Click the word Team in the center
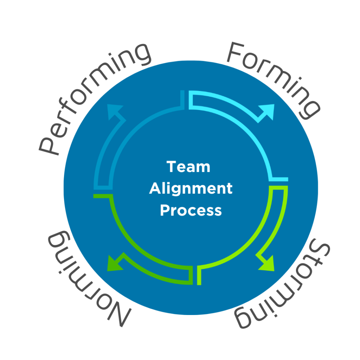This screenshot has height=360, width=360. [x=188, y=167]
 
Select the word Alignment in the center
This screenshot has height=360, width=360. [x=191, y=189]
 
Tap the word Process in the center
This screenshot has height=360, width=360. [x=191, y=210]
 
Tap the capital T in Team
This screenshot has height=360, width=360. [x=171, y=167]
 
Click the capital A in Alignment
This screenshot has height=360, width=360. [x=155, y=188]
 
